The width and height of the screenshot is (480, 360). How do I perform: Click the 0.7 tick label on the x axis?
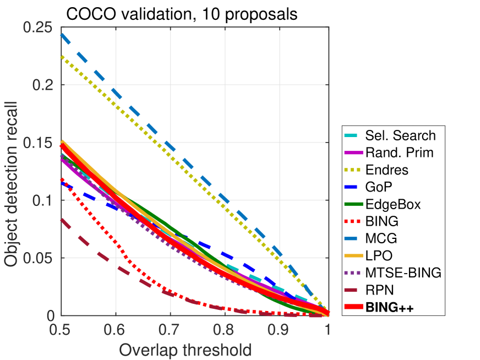168,331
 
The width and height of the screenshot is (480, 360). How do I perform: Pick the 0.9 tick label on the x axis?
275,331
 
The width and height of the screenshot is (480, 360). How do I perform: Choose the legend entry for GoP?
379,187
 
